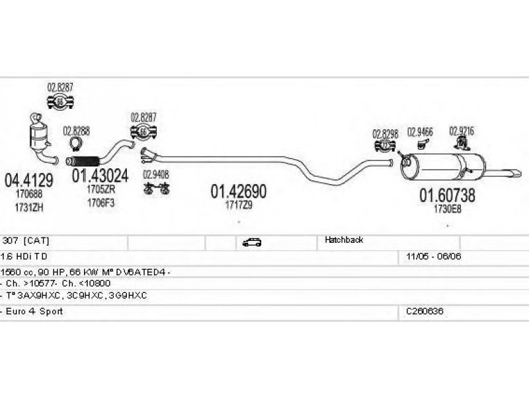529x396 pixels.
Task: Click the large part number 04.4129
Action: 28,179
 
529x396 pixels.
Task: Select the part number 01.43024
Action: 101,176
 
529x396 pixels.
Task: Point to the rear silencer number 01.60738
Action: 446,195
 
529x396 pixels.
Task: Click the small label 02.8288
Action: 76,130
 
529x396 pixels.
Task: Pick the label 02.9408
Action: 156,175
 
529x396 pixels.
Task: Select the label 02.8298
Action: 385,133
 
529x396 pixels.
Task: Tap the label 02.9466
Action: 420,131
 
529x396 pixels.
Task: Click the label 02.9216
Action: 462,130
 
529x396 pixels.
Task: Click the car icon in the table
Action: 251,242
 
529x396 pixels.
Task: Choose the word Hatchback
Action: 343,240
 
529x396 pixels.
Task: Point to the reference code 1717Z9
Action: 239,206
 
